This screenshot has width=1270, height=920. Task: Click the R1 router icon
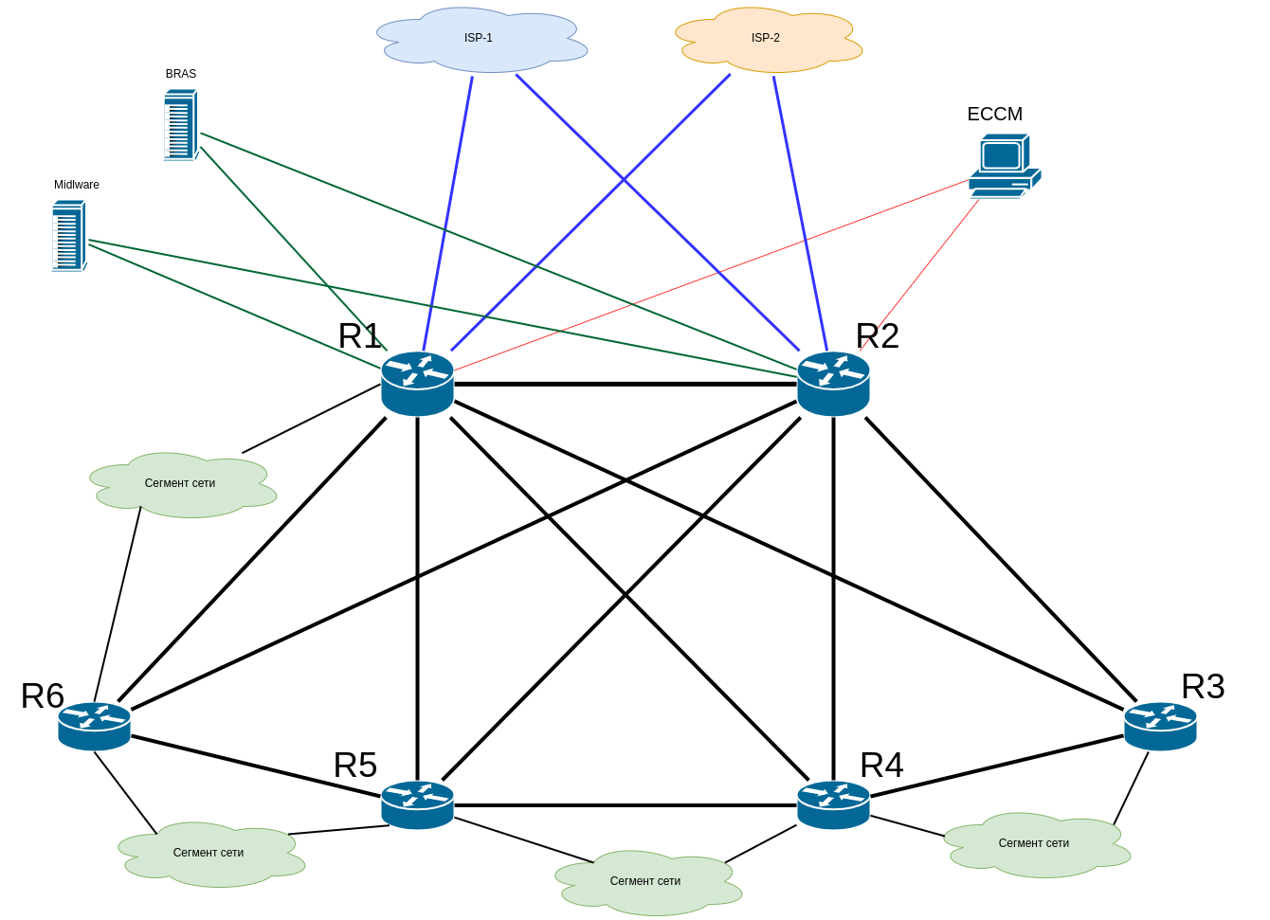click(x=417, y=383)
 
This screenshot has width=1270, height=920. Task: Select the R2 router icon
click(x=833, y=383)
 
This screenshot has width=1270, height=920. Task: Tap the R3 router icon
click(x=1160, y=726)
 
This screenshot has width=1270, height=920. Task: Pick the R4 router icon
click(x=833, y=804)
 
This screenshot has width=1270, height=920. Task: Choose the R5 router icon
click(x=417, y=804)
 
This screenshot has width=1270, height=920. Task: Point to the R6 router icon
click(x=94, y=726)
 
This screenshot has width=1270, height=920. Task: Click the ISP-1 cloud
click(x=481, y=40)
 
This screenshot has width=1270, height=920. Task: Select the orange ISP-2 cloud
click(x=768, y=40)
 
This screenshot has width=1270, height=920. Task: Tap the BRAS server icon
click(x=180, y=125)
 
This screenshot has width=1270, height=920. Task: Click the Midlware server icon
click(x=69, y=236)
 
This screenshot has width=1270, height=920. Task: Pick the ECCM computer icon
click(x=1004, y=166)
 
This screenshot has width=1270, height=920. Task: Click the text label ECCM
click(x=994, y=115)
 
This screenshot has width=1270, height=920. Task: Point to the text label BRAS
click(x=181, y=74)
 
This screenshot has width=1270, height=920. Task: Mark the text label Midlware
click(x=77, y=185)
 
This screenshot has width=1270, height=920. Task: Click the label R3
click(x=1203, y=687)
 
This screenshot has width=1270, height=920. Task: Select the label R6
click(x=43, y=696)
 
